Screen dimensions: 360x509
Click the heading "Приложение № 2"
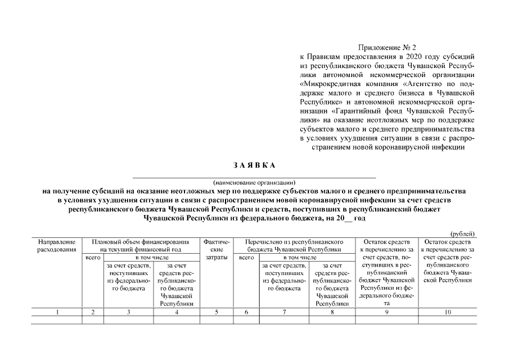[389, 47]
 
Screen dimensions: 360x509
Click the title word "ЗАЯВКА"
[254, 165]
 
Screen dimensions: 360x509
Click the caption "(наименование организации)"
[254, 182]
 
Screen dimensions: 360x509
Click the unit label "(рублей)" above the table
[463, 234]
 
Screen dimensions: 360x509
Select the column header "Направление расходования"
[56, 245]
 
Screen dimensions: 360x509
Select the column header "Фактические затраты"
[216, 249]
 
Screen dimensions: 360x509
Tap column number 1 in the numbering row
[57, 312]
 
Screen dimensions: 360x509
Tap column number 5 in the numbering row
[216, 312]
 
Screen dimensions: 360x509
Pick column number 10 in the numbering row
[448, 312]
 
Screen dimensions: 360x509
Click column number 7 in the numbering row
[285, 312]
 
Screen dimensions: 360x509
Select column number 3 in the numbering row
[128, 312]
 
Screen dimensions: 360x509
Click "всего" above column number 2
[93, 257]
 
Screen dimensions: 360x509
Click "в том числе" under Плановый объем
[152, 257]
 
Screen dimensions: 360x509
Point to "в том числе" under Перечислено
[307, 257]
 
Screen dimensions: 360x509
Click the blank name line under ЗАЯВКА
[254, 176]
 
